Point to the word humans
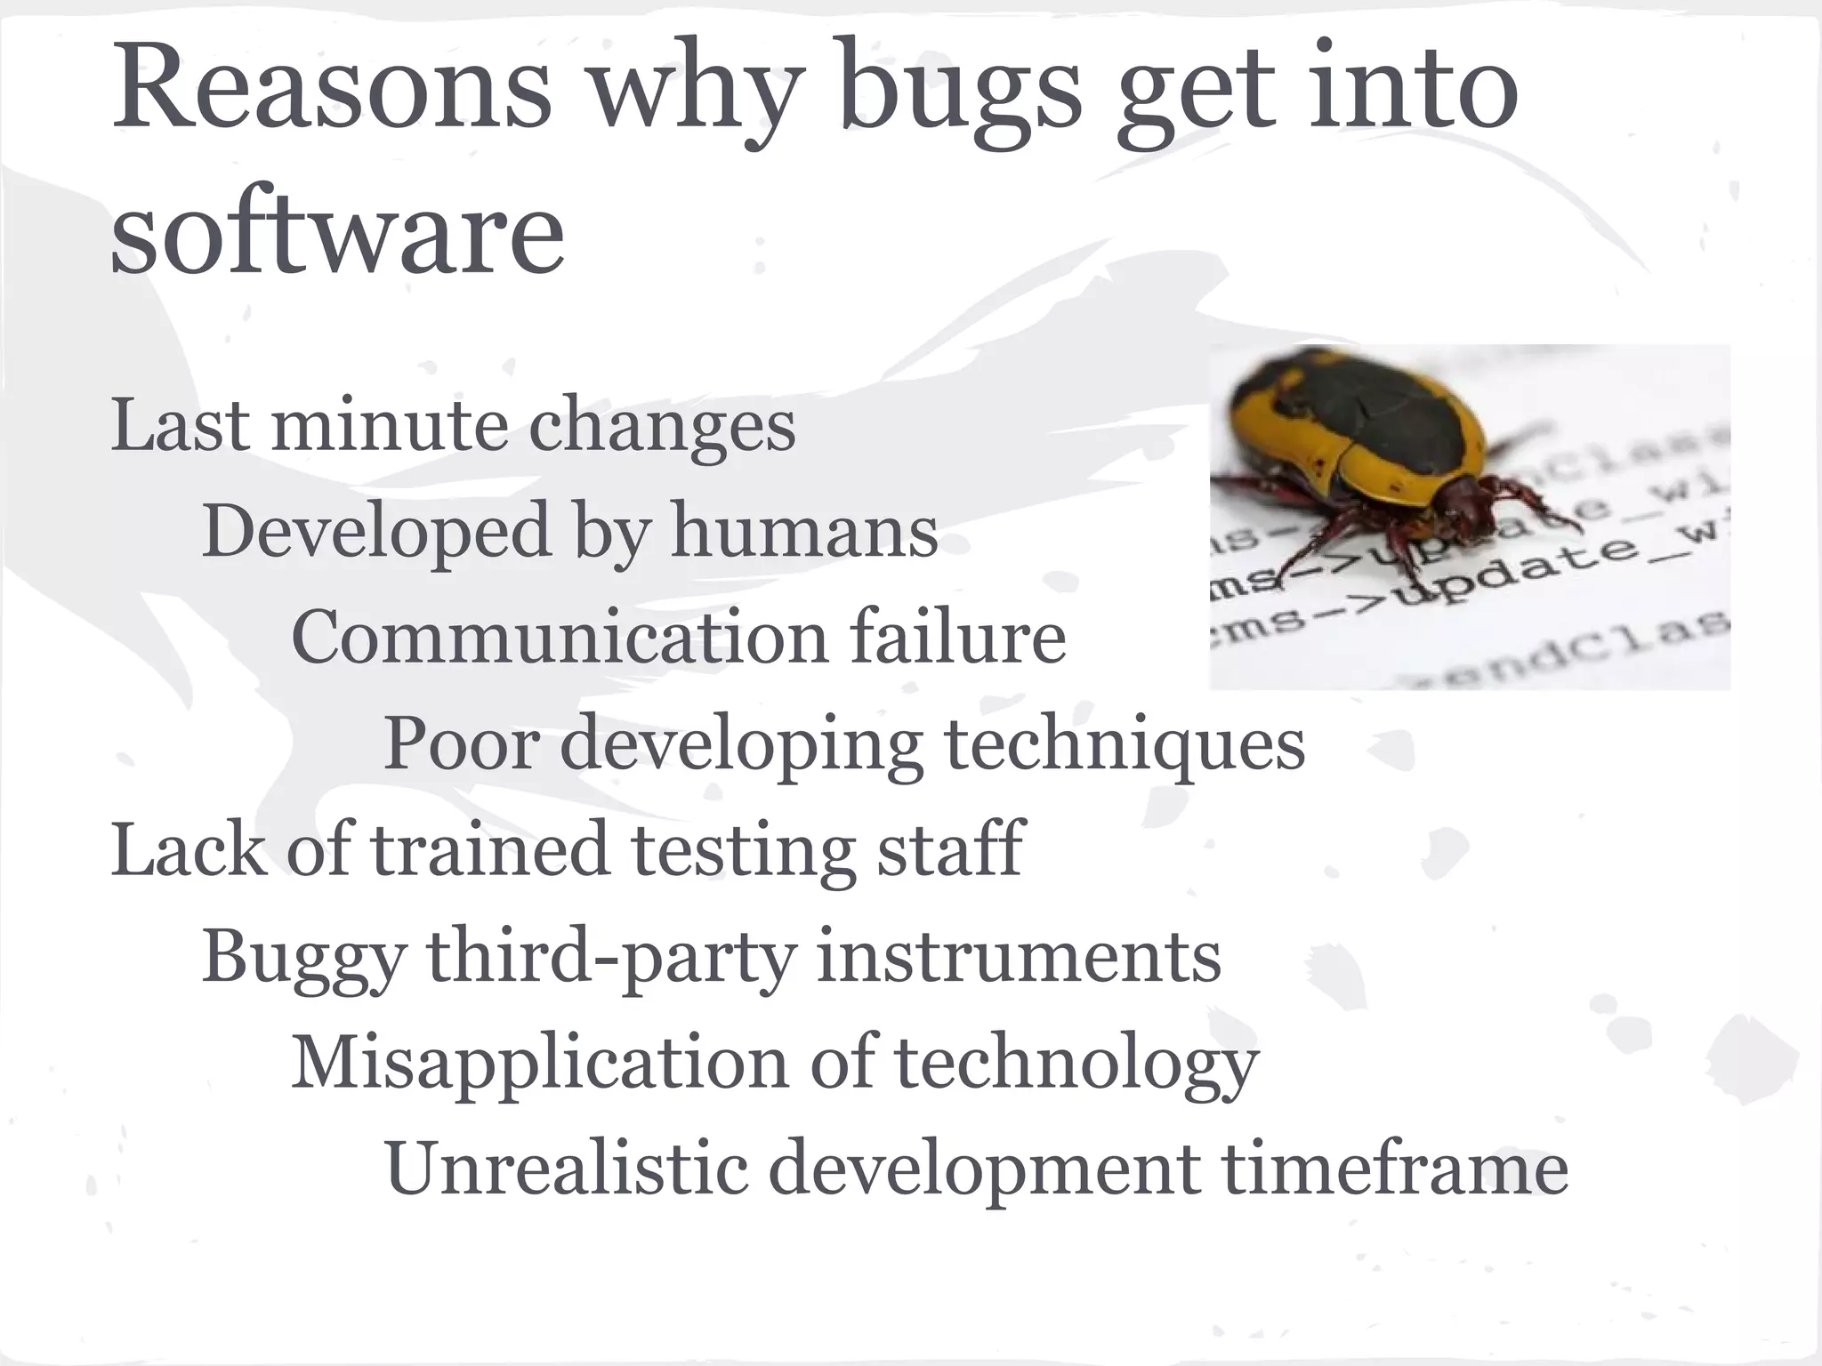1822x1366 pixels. click(x=804, y=532)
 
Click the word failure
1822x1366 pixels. click(x=957, y=638)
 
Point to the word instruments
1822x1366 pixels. click(x=1018, y=957)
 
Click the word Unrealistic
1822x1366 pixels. click(x=566, y=1169)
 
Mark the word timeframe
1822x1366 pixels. click(x=1394, y=1169)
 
